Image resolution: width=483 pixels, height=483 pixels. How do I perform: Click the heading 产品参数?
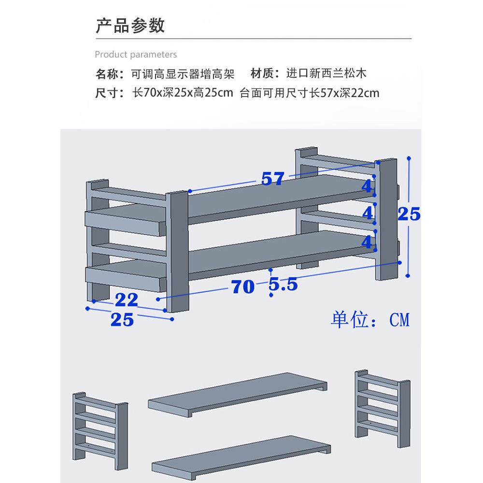[130, 25]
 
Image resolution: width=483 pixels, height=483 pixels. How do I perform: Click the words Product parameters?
[136, 55]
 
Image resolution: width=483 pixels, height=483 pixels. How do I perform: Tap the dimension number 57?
[273, 179]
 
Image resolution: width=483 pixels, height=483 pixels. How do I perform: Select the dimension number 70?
[242, 287]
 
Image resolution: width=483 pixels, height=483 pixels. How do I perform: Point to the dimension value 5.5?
[283, 285]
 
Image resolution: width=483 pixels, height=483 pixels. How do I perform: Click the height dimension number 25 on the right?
[409, 213]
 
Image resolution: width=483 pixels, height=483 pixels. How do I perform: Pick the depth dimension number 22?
[127, 300]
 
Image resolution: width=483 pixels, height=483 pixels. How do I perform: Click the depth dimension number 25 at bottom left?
[122, 320]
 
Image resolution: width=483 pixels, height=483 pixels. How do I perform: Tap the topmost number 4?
[368, 186]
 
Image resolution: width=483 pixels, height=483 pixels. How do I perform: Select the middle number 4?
[368, 213]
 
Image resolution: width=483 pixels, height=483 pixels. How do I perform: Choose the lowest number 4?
[368, 241]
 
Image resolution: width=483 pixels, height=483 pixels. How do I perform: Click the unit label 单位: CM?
[370, 320]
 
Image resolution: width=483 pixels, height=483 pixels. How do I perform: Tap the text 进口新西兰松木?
[327, 73]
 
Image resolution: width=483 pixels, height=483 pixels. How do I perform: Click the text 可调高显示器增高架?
[183, 74]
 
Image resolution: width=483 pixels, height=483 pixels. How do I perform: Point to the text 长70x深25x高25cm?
[183, 93]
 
